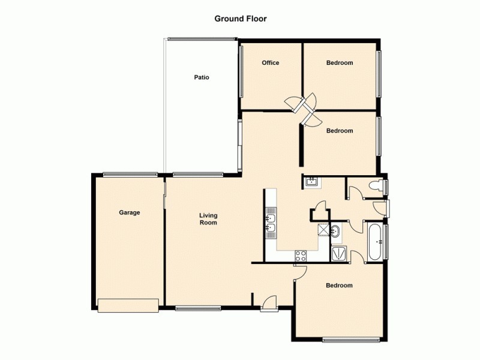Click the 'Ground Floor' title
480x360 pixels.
pyautogui.click(x=241, y=19)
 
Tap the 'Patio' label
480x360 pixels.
pyautogui.click(x=201, y=77)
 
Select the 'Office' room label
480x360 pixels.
pyautogui.click(x=270, y=63)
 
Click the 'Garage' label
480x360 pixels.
pyautogui.click(x=129, y=212)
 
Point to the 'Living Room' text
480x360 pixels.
pyautogui.click(x=208, y=219)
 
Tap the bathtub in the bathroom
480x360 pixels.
pyautogui.click(x=374, y=242)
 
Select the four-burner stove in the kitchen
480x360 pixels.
pyautogui.click(x=300, y=255)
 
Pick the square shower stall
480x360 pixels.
pyautogui.click(x=339, y=254)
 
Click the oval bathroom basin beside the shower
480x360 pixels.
pyautogui.click(x=335, y=231)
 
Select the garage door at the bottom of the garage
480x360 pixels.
pyautogui.click(x=128, y=305)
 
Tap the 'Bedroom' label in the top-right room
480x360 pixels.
pyautogui.click(x=339, y=63)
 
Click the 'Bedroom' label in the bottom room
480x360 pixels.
pyautogui.click(x=339, y=286)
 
